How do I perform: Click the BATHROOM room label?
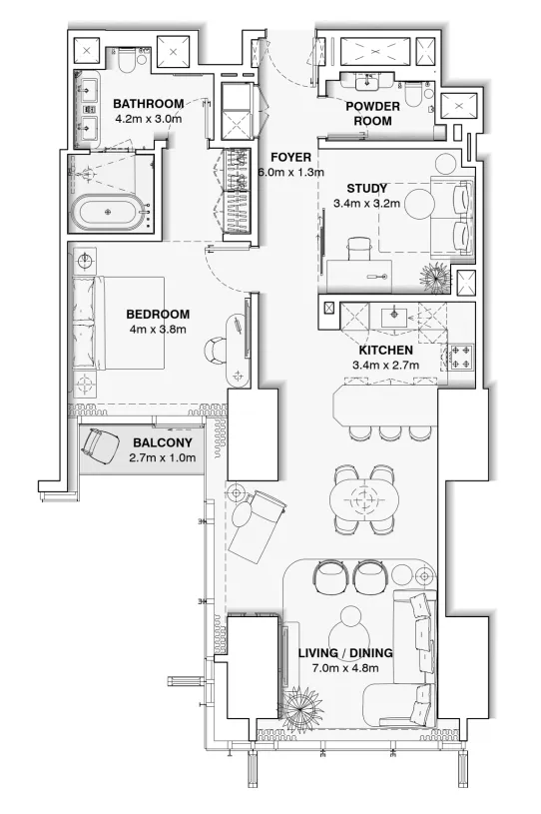148,104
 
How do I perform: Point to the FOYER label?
291,158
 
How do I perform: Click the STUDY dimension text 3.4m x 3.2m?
366,204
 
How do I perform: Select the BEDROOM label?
159,314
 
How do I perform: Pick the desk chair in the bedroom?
219,352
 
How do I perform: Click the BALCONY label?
162,442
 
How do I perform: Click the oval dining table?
365,494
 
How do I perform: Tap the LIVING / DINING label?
344,654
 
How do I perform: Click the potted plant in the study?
436,274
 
